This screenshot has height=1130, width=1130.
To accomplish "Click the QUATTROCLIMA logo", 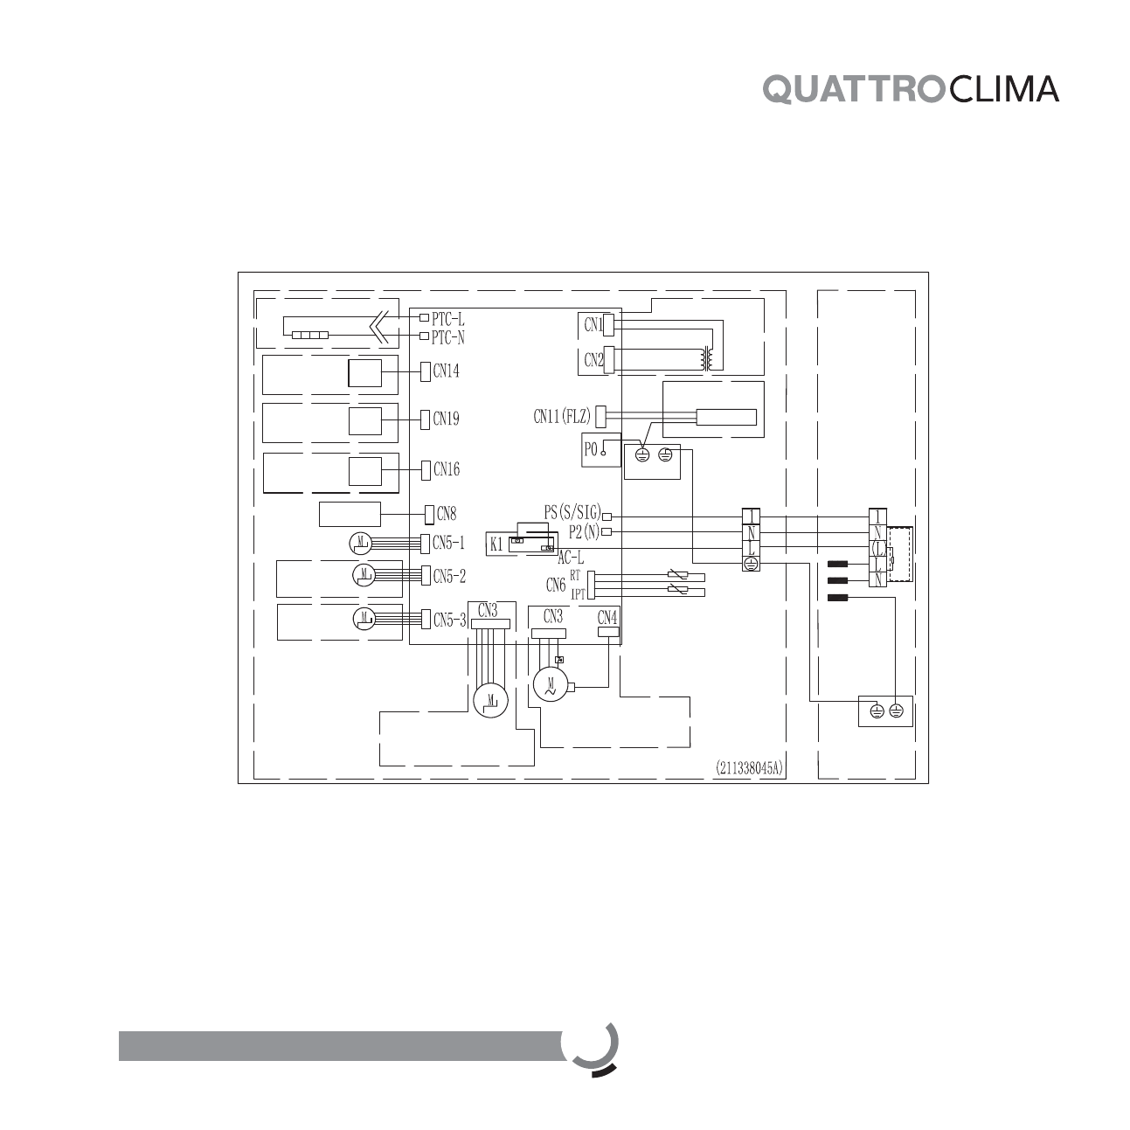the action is [x=912, y=89].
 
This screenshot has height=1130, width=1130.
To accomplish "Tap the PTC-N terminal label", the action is [x=448, y=337].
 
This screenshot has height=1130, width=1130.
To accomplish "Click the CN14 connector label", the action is [x=446, y=371].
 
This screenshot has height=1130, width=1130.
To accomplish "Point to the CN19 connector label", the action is [x=446, y=419].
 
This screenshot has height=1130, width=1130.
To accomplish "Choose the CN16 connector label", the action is [x=446, y=470].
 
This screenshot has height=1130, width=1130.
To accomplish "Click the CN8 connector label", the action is [x=446, y=514].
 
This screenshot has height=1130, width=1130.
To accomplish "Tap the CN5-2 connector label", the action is [x=449, y=577].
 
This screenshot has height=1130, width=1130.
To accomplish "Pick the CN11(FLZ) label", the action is [x=562, y=417].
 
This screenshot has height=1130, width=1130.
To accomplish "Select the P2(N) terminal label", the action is [x=584, y=531].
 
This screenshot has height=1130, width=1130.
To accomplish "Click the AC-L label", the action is [x=571, y=557].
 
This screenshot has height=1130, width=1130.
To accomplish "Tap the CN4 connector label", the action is [x=607, y=617].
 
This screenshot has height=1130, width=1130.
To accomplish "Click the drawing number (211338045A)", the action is [x=750, y=769].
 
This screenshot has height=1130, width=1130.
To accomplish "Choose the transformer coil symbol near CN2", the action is [x=706, y=359].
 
